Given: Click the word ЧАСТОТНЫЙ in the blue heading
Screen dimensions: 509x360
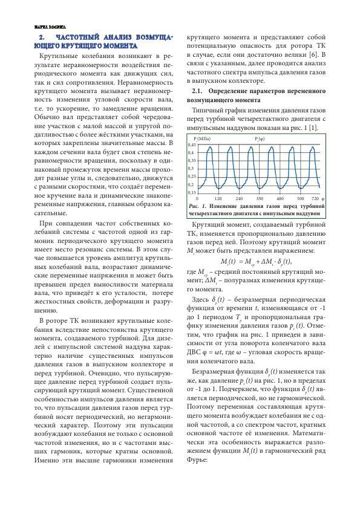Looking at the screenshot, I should [x=82, y=37].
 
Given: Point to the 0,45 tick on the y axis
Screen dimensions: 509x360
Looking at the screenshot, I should [x=192, y=146].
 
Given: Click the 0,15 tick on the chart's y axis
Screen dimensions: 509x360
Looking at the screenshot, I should [x=192, y=192].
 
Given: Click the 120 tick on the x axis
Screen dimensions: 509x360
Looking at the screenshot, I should [x=218, y=198].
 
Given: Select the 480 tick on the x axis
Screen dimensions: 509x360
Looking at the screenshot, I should [x=280, y=198].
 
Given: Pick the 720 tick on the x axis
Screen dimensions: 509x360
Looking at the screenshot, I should [x=315, y=198].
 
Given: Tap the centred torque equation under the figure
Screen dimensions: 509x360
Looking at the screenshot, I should [x=255, y=261].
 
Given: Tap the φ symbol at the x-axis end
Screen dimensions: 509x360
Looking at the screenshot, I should [x=324, y=198].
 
